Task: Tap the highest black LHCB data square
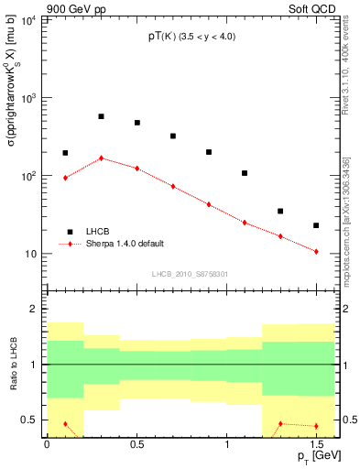pos(101,116)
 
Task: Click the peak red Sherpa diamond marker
pos(101,158)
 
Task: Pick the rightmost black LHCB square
pos(316,225)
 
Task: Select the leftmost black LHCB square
pos(65,153)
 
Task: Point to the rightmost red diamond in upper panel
pos(316,251)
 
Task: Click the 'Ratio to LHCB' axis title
pos(12,365)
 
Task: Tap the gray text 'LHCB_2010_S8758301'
pos(191,273)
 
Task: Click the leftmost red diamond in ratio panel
pos(65,424)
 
